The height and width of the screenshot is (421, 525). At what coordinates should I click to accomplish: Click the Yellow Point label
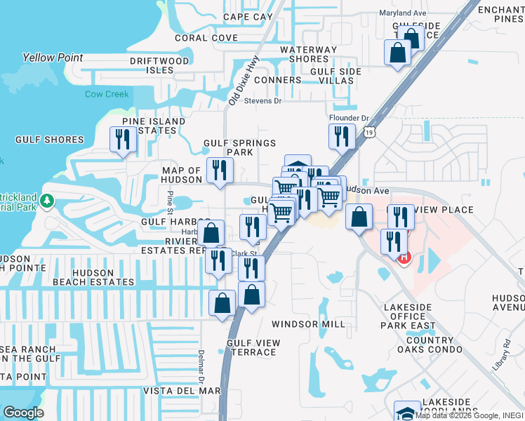pos(53,58)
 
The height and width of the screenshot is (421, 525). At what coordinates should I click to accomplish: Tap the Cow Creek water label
pos(107,94)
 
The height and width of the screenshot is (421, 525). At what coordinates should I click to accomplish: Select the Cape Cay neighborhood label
pos(247,17)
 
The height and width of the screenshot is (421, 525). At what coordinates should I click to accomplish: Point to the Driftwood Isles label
pos(159,65)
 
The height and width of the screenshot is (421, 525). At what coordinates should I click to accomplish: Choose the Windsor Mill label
pos(309,324)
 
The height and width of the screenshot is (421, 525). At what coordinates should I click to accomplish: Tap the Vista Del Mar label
pos(182,391)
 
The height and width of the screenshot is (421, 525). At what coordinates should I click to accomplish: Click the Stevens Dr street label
pos(262,101)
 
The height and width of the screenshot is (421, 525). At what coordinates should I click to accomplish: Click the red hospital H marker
pos(404,258)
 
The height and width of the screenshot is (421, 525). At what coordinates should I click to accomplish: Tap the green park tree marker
pos(47,201)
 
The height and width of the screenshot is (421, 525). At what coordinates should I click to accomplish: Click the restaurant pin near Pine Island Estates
pos(124,139)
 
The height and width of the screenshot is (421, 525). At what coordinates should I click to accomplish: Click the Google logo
pos(23,413)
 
